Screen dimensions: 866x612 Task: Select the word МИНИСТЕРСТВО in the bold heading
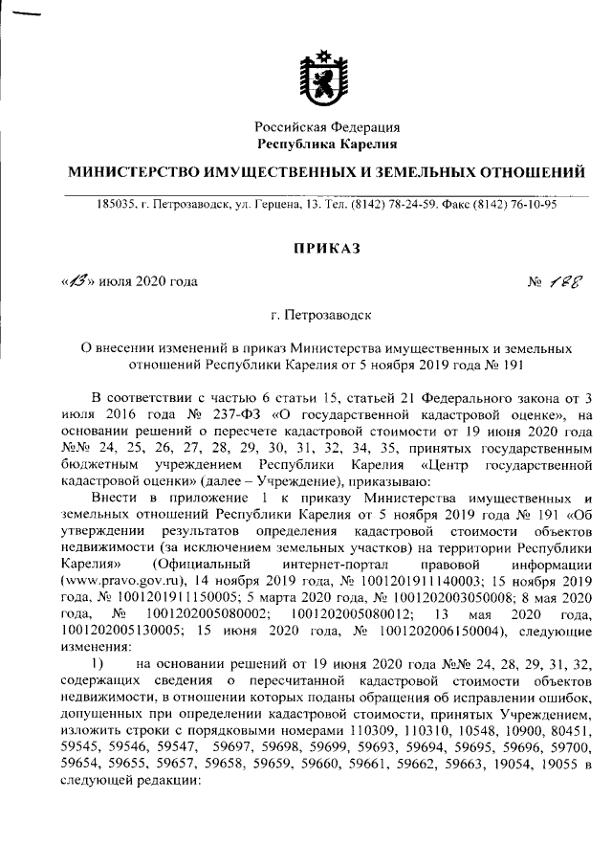tap(134, 173)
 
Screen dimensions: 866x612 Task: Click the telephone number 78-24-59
tap(414, 203)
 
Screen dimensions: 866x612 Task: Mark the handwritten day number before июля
tap(76, 281)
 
